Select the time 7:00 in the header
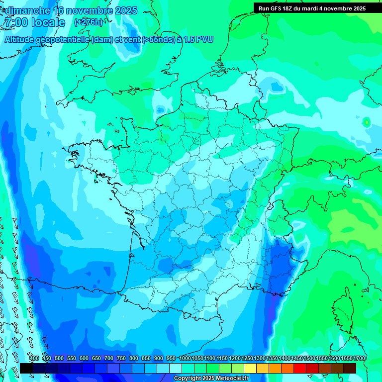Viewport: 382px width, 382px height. [15, 22]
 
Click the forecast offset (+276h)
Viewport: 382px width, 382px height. [88, 22]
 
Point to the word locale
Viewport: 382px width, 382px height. [48, 22]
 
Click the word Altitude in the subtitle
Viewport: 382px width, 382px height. [20, 39]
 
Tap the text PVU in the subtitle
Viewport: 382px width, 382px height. [204, 39]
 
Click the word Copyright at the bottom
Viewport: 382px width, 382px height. [188, 379]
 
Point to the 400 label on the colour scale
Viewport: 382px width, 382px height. [34, 358]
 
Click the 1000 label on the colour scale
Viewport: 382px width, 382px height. [185, 358]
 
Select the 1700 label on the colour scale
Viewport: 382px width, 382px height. [359, 358]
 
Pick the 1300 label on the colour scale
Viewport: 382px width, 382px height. [259, 358]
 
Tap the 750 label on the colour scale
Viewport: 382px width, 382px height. [121, 358]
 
